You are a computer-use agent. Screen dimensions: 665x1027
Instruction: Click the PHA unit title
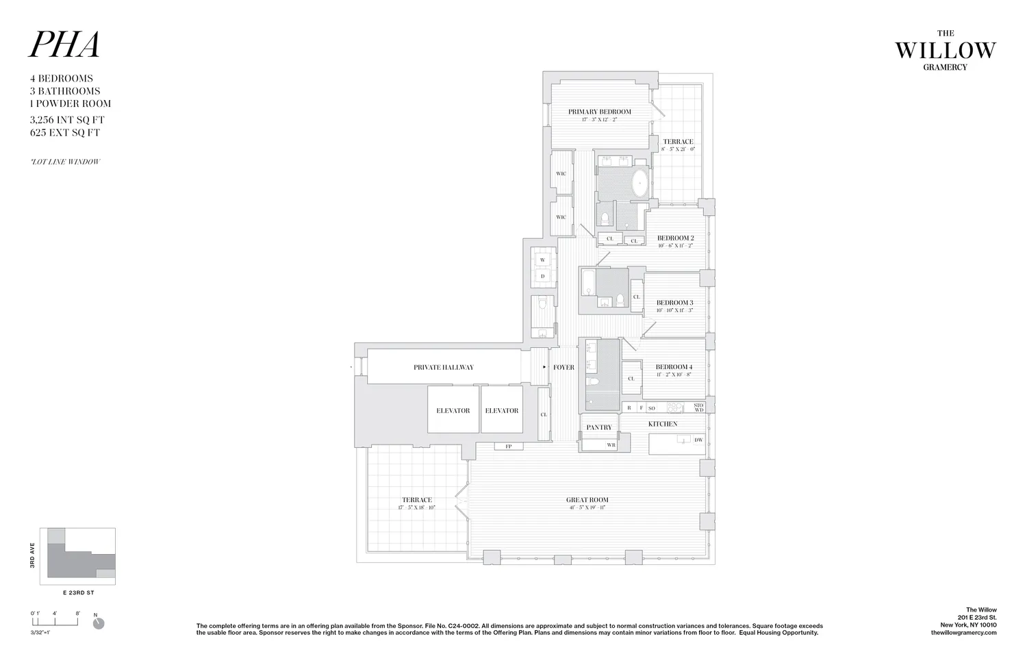click(x=64, y=45)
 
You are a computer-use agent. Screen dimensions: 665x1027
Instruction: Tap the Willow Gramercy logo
click(x=945, y=49)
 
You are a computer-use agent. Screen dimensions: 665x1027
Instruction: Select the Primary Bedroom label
click(x=599, y=112)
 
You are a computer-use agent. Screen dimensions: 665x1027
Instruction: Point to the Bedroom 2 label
click(x=675, y=238)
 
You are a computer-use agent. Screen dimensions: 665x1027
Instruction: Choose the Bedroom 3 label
click(x=674, y=303)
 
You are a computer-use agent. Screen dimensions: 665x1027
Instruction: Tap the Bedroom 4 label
click(x=674, y=367)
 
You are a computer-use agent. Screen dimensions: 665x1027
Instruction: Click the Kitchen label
click(x=663, y=424)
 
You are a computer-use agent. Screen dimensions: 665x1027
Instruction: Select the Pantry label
click(x=599, y=427)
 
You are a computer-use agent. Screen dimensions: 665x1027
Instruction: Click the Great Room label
click(x=587, y=500)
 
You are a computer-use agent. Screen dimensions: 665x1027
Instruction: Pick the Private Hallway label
click(x=443, y=368)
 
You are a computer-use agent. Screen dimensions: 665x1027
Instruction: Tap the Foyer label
click(x=563, y=368)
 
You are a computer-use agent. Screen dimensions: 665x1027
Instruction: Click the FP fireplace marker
click(x=509, y=447)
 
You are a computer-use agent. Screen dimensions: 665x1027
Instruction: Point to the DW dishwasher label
click(x=698, y=440)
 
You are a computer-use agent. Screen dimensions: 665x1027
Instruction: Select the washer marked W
click(x=543, y=260)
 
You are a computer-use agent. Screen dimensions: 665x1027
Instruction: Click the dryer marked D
click(x=543, y=277)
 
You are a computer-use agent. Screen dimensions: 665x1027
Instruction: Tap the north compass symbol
click(x=99, y=623)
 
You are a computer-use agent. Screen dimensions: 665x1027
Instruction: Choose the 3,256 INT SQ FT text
click(x=65, y=120)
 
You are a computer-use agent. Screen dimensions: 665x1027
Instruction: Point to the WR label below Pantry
click(x=611, y=445)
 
